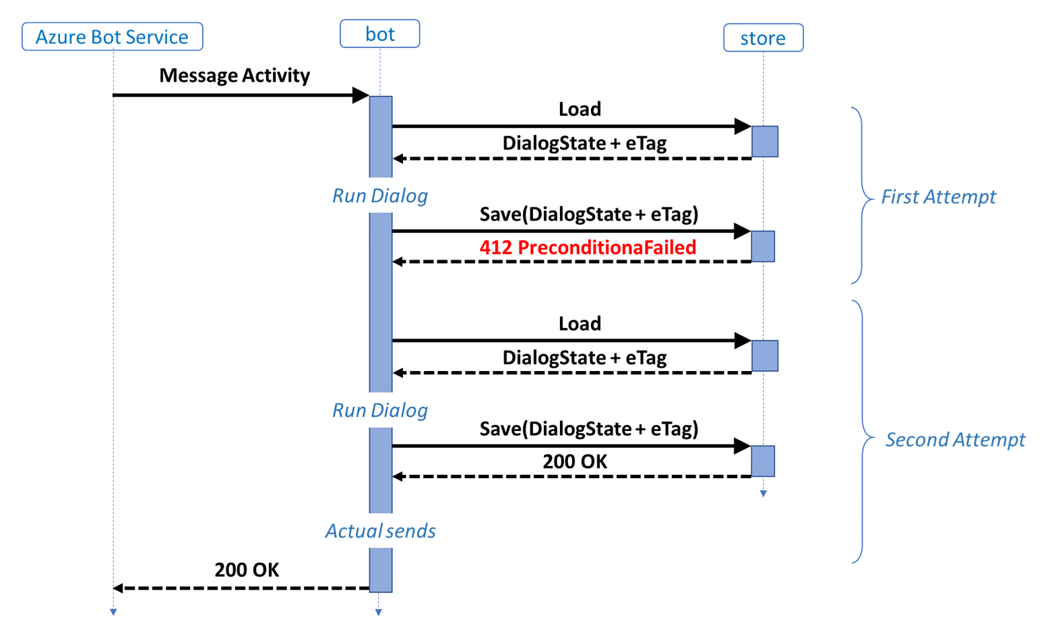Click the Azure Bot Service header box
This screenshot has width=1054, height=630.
[x=112, y=36]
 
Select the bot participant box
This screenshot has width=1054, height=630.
[x=379, y=34]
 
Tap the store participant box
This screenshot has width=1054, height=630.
[x=763, y=38]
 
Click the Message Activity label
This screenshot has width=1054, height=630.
[x=235, y=76]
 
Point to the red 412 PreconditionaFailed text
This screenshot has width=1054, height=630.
[x=588, y=248]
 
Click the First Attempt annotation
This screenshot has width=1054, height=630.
[x=938, y=196]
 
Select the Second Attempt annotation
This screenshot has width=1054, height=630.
[x=954, y=439]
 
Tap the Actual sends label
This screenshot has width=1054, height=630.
[x=380, y=531]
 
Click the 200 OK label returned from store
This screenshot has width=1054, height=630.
[x=575, y=461]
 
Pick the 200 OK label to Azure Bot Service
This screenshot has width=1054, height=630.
[x=247, y=570]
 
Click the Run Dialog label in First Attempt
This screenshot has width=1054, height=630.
[x=380, y=196]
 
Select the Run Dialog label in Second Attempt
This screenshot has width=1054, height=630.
[x=380, y=410]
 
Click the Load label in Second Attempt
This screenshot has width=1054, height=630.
[x=580, y=324]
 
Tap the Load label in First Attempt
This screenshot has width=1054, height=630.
[x=580, y=109]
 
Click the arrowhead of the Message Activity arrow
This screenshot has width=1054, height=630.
[x=361, y=95]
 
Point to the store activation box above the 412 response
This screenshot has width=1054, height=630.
[x=763, y=246]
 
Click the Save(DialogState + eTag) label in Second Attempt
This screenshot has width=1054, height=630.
[x=588, y=428]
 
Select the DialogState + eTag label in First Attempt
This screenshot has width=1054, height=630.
[x=584, y=143]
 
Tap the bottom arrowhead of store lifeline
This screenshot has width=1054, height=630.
[x=763, y=494]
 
